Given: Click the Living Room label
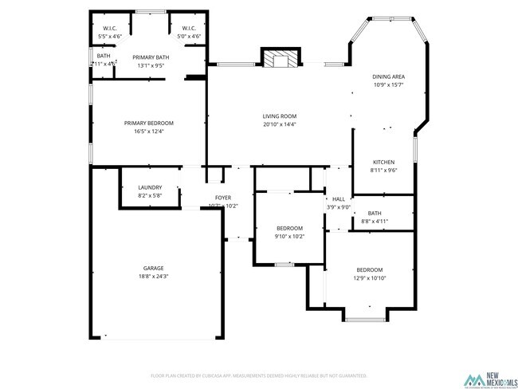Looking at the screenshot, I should pos(279,116).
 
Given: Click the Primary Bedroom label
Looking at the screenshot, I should pos(148,123).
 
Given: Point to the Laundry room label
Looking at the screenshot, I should pos(150,187).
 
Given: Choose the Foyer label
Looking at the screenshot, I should pos(223,198).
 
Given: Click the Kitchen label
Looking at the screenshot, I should pos(383,162).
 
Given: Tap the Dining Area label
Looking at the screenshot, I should pos(388,77).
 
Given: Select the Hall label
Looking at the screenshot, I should pos(339,199).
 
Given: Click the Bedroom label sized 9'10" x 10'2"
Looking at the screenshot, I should pos(289,228).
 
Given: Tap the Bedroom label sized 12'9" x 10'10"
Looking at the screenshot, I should pos(370,269).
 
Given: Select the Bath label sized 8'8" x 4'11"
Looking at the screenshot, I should pos(375,213).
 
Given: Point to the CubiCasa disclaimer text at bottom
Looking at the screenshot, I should pos(258,375).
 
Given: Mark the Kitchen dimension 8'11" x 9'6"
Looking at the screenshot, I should pos(383,170).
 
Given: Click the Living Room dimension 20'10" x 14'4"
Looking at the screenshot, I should pos(279,124).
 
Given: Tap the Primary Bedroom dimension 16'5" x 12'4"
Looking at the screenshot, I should pos(148,131).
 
